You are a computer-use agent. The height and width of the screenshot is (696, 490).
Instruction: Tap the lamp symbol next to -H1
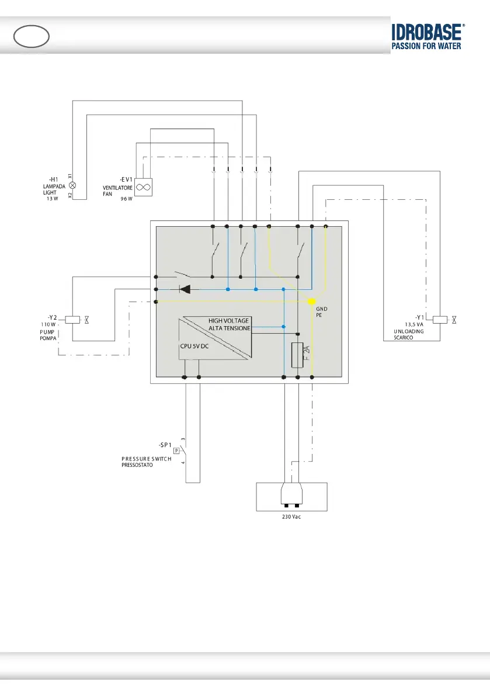pyautogui.click(x=72, y=185)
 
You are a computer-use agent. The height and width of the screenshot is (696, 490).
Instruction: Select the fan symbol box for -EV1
pyautogui.click(x=143, y=187)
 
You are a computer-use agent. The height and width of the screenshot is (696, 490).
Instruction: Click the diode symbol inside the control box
pyautogui.click(x=185, y=289)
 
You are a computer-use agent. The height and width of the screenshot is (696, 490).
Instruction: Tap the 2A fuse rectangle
pyautogui.click(x=297, y=355)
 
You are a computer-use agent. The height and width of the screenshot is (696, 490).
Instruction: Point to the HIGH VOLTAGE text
pyautogui.click(x=229, y=321)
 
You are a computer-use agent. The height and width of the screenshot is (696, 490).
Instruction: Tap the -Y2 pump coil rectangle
pyautogui.click(x=72, y=320)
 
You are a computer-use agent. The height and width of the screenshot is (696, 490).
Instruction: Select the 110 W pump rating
pyautogui.click(x=48, y=324)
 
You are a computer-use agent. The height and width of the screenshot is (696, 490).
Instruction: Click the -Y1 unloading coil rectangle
pyautogui.click(x=439, y=319)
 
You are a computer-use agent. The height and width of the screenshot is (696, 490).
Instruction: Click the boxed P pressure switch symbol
pyautogui.click(x=176, y=451)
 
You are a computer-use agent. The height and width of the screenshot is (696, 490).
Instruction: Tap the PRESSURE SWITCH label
pyautogui.click(x=143, y=459)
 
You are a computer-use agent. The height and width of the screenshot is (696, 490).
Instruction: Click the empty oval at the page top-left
pyautogui.click(x=31, y=37)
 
